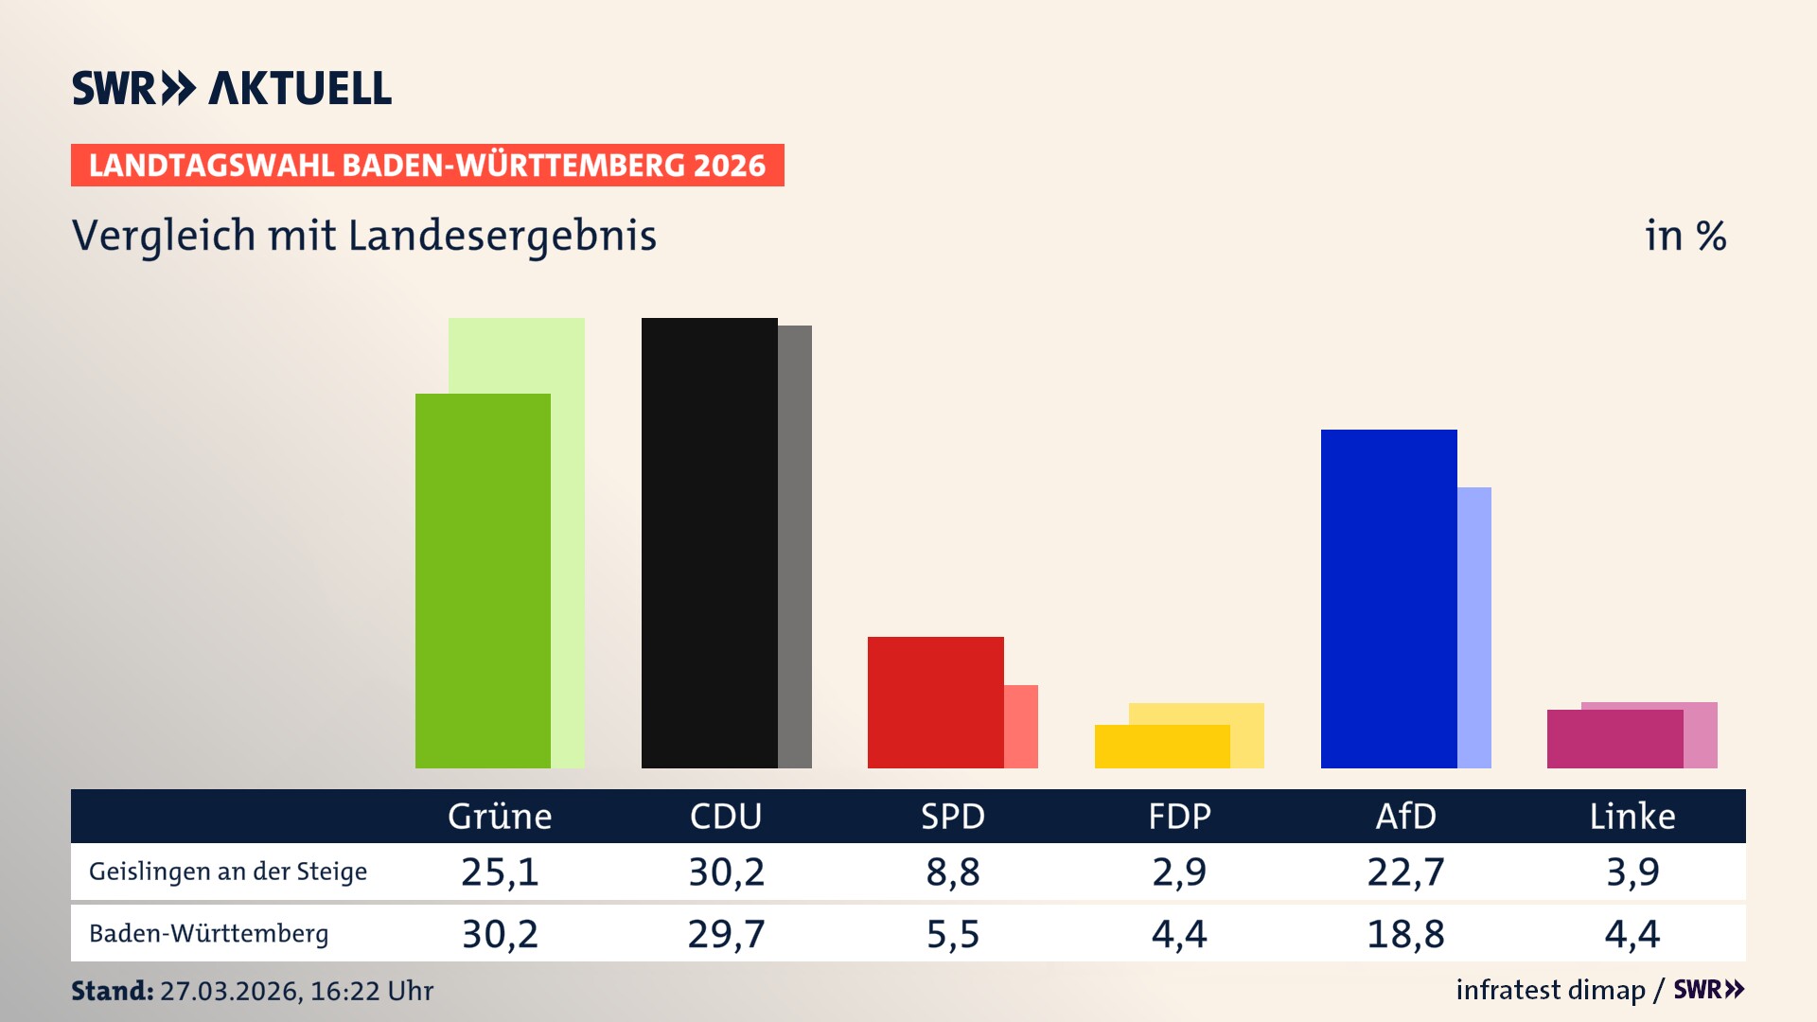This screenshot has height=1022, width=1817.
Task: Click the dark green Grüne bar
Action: [483, 580]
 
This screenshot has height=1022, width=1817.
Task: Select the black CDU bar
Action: [709, 542]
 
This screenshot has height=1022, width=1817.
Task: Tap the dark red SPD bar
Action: [935, 702]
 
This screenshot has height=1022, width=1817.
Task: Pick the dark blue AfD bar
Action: [1388, 598]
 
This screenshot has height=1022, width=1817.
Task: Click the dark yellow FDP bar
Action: [1162, 747]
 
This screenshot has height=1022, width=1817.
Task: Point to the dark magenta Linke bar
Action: [1614, 739]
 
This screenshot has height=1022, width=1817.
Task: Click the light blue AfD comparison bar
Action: [1474, 626]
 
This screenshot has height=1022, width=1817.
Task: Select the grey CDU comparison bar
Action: [795, 546]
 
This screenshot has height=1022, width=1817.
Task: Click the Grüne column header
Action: [500, 816]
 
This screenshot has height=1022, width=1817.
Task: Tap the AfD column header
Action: [1405, 816]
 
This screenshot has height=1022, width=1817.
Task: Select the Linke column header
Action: [1632, 816]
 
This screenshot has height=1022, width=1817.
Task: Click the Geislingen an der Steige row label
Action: [228, 872]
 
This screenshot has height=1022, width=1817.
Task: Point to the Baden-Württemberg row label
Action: [208, 934]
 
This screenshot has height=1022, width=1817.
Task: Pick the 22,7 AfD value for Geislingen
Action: [1405, 872]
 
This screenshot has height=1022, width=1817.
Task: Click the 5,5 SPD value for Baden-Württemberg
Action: [953, 934]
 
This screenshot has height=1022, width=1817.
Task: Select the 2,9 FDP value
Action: [1179, 872]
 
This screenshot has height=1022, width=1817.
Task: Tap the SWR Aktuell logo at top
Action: [232, 88]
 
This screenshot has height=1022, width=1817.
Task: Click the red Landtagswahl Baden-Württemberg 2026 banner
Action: [427, 166]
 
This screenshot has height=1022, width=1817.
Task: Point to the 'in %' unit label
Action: [1685, 236]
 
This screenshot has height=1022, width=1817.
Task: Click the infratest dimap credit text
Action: [1550, 990]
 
